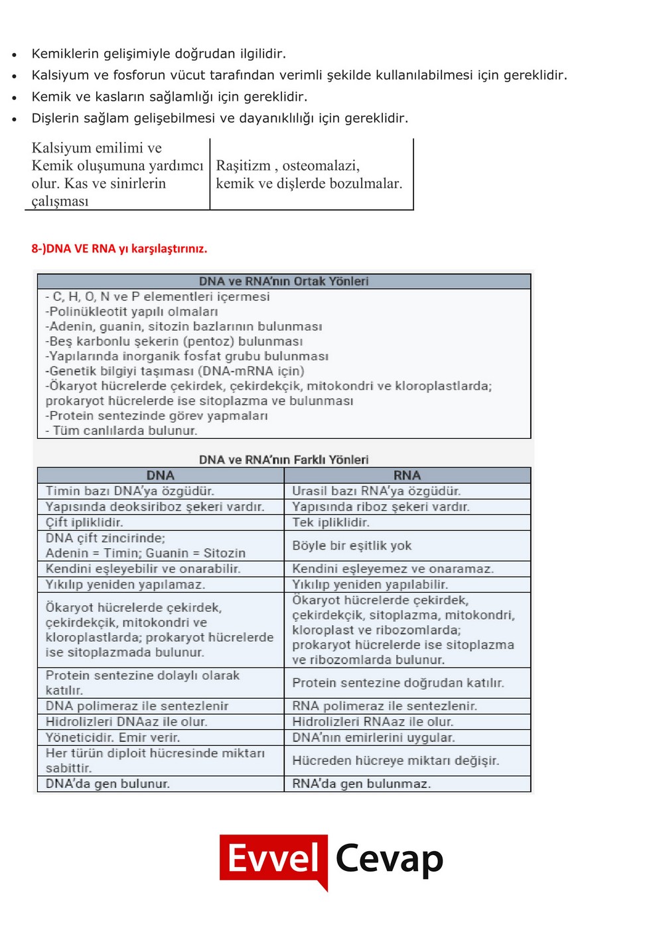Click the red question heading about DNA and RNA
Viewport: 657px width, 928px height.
(x=119, y=249)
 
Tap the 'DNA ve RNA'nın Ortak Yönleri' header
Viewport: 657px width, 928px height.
(x=283, y=281)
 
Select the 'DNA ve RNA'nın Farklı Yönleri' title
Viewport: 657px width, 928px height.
(x=283, y=459)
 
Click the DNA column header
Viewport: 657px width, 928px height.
(x=160, y=475)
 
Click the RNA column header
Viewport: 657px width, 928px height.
(x=407, y=475)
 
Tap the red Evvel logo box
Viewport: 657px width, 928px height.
(x=273, y=858)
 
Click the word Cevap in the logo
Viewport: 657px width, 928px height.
(x=389, y=858)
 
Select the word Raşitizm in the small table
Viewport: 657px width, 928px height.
(x=243, y=166)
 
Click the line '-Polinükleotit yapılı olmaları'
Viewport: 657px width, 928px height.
(x=131, y=312)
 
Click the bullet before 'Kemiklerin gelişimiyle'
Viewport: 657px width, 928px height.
(x=14, y=55)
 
